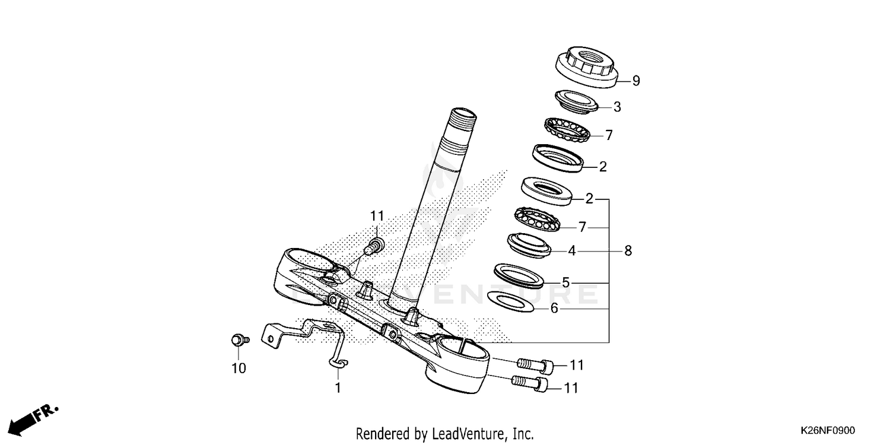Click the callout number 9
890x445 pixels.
(x=636, y=81)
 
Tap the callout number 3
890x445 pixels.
(x=617, y=107)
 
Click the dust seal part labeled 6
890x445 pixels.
(x=510, y=301)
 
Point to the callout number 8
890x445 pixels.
(x=628, y=251)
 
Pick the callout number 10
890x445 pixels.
(x=238, y=368)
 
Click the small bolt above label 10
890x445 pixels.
(x=239, y=340)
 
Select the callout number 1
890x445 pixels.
(x=338, y=389)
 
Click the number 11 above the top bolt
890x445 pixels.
(x=378, y=216)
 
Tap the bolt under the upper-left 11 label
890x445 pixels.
(x=374, y=244)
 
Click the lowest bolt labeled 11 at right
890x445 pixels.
(x=531, y=384)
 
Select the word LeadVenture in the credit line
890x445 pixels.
(x=463, y=434)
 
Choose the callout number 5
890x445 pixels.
(x=565, y=282)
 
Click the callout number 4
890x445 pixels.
(x=571, y=251)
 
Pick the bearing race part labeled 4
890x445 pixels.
(x=529, y=244)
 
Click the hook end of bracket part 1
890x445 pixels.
(x=340, y=363)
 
